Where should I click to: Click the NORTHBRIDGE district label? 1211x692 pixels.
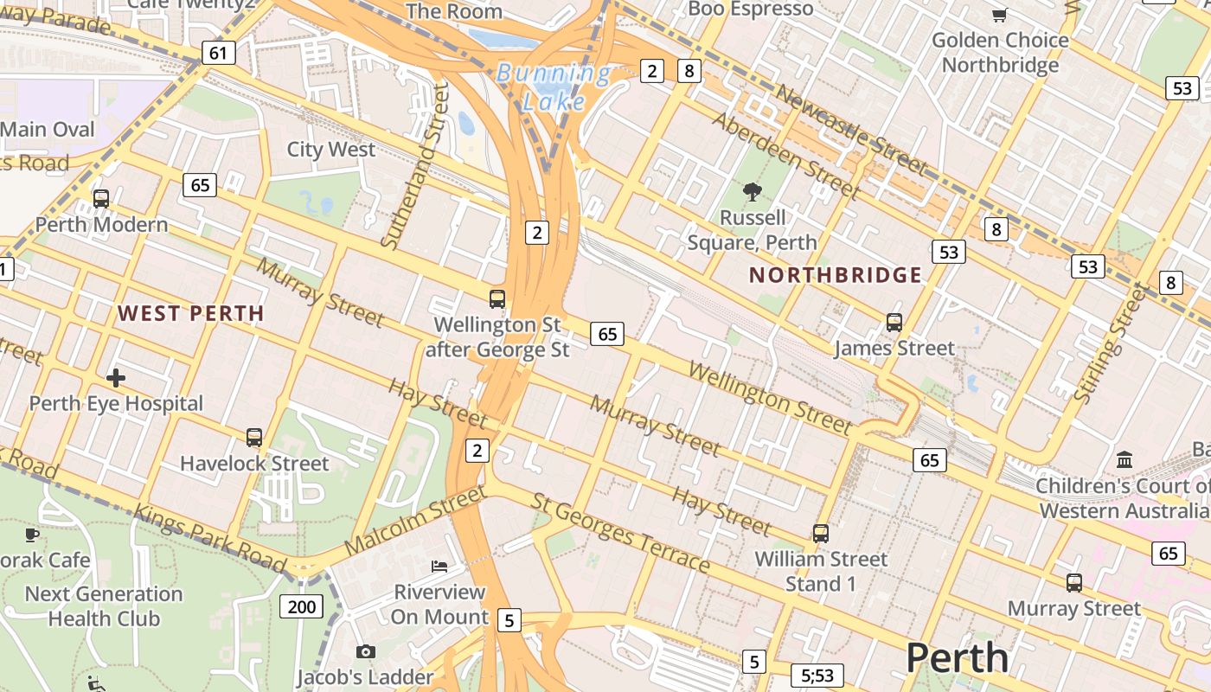[836, 276]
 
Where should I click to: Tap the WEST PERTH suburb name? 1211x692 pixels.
[190, 313]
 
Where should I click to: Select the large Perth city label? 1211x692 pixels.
[957, 658]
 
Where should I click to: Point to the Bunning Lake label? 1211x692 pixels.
[554, 87]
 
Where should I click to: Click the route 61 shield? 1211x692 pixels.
[218, 54]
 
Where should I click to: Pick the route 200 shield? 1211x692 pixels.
[301, 606]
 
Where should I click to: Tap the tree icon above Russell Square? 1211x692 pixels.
[752, 192]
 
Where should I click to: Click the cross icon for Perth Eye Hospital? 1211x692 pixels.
[116, 378]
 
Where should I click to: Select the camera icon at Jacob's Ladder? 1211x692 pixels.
[365, 651]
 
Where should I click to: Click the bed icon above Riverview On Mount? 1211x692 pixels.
[439, 567]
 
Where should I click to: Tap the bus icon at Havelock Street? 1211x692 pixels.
[253, 438]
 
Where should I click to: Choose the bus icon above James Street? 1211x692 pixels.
[894, 323]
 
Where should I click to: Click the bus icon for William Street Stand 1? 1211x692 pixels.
[820, 534]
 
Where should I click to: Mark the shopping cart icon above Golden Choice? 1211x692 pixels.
[999, 15]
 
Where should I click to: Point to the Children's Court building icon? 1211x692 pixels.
[1124, 459]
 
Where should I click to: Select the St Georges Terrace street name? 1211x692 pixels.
[620, 534]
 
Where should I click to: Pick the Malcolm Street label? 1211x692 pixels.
[414, 521]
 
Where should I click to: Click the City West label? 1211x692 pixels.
[331, 150]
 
